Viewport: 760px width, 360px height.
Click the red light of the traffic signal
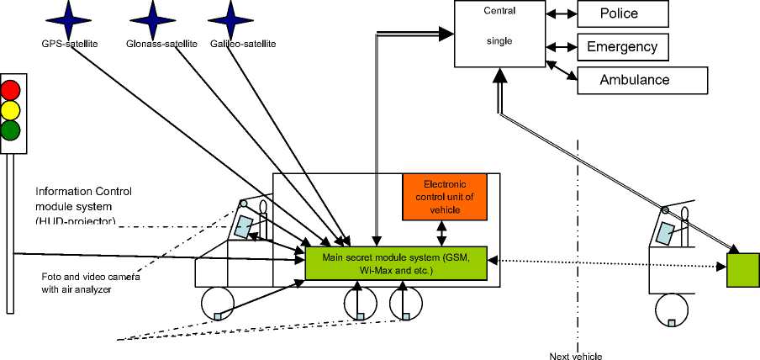(x=11, y=89)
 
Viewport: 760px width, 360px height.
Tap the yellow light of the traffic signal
(x=11, y=109)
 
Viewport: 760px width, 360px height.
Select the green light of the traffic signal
(x=11, y=130)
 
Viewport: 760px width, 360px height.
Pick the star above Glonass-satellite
(x=155, y=18)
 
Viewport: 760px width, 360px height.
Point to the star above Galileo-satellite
(x=229, y=18)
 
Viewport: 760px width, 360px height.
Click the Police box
(x=623, y=13)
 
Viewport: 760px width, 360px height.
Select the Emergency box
(x=623, y=45)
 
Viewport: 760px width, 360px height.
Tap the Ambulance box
(x=641, y=80)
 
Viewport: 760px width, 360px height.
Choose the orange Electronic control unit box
(x=444, y=197)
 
